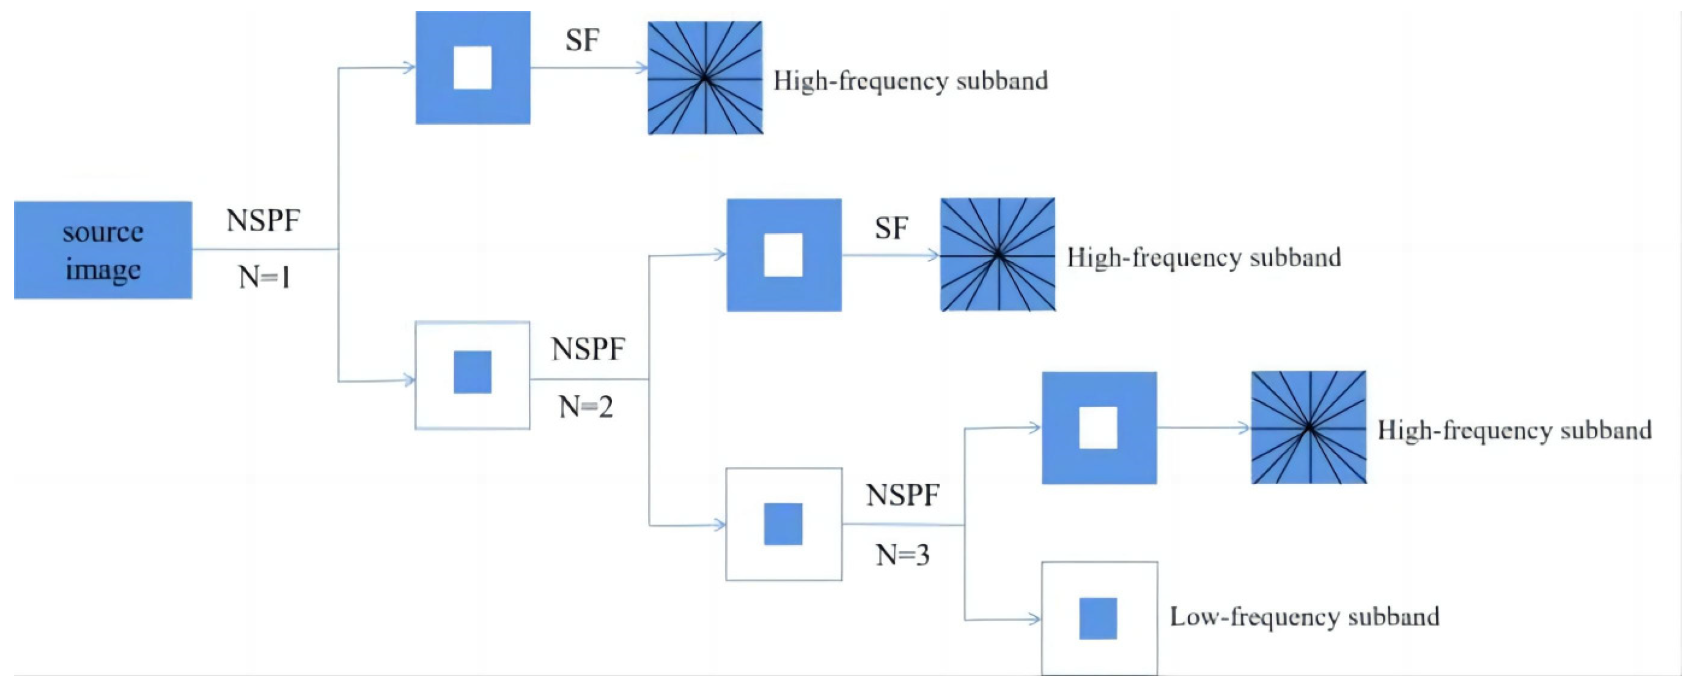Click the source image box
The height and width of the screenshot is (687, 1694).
tap(103, 250)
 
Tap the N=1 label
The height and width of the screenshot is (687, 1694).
tap(264, 277)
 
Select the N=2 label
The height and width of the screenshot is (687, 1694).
tap(586, 407)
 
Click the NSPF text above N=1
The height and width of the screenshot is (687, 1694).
tap(263, 220)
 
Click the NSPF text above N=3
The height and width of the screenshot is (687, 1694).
tap(902, 495)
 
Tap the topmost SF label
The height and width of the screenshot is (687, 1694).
tap(582, 40)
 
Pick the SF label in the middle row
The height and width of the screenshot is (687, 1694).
tap(891, 228)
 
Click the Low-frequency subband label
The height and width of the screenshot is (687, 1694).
tap(1304, 617)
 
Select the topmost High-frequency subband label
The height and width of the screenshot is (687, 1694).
tap(910, 81)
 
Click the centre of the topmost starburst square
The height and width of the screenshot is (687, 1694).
tap(705, 78)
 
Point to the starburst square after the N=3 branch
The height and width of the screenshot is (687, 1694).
tap(1309, 427)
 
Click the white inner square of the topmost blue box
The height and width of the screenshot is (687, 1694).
tap(472, 68)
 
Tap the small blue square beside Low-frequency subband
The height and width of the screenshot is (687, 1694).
tap(1097, 618)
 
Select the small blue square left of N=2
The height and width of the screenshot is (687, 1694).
tap(472, 372)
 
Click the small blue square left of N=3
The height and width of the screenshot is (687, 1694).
tap(783, 524)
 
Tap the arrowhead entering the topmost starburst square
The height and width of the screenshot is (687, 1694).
tap(642, 68)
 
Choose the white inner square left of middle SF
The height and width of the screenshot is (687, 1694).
tap(783, 254)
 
